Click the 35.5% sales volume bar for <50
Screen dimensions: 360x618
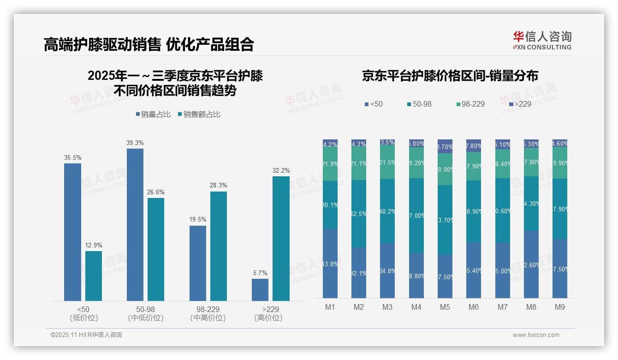tap(72, 232)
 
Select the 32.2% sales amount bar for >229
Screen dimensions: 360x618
tap(281, 239)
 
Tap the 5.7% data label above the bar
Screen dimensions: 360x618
tap(260, 273)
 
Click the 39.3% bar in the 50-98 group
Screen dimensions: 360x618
tap(135, 225)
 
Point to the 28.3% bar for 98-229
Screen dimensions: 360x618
tap(218, 246)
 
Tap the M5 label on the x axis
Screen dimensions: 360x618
tap(445, 307)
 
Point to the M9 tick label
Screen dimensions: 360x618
tap(559, 307)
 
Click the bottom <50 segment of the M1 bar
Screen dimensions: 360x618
tap(330, 264)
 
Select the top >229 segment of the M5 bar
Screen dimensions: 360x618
tap(445, 146)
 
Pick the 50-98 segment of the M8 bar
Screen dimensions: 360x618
tap(531, 203)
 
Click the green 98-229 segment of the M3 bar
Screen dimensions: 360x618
tap(387, 163)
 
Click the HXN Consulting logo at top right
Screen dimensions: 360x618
tap(542, 41)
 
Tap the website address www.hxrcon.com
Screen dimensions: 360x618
tap(535, 335)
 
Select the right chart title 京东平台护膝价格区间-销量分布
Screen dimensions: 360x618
tap(450, 76)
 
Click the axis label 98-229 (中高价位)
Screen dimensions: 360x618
tap(208, 313)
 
